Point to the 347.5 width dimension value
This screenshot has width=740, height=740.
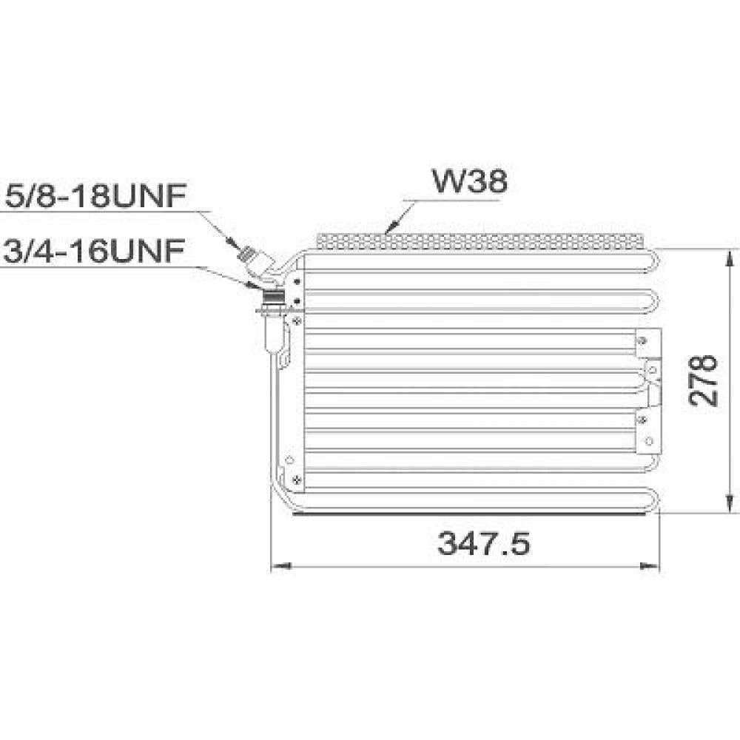click(484, 545)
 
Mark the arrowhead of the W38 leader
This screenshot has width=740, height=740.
click(390, 229)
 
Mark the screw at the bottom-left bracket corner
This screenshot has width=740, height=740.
click(296, 480)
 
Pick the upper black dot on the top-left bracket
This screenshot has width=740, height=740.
click(297, 281)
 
